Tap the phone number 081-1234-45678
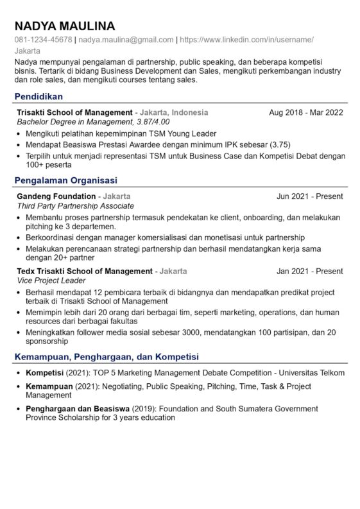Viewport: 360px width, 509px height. (43, 40)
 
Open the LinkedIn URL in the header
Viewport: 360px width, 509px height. (246, 40)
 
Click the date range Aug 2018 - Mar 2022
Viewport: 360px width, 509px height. (306, 112)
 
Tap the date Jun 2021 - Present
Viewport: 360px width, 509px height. (310, 196)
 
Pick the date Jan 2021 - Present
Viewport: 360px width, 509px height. (310, 272)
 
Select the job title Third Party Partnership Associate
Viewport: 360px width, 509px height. (75, 206)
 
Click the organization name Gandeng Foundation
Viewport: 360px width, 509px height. (56, 196)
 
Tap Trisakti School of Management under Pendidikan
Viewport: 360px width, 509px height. (75, 112)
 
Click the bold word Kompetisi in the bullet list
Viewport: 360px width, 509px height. (44, 373)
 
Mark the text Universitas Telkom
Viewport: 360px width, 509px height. (311, 373)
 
